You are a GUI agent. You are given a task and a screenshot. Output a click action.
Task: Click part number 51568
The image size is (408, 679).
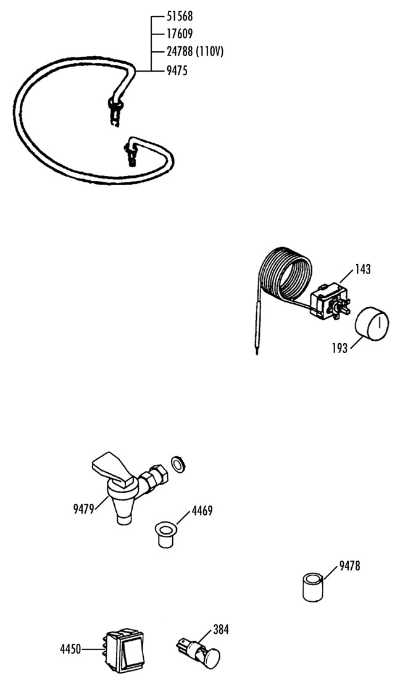[x=180, y=17]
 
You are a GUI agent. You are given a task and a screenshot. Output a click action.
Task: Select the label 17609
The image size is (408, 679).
[x=180, y=34]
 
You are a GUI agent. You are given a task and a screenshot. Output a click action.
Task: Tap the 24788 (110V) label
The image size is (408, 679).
[x=195, y=52]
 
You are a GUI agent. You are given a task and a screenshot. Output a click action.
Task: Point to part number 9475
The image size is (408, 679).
[x=177, y=70]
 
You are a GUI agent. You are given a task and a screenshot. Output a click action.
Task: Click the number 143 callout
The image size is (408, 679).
[x=363, y=269]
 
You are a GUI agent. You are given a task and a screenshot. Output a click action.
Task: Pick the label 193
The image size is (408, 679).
[x=340, y=348]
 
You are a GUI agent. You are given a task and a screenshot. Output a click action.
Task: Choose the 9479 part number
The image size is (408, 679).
[x=83, y=509]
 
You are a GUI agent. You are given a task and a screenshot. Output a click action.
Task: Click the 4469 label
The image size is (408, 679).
[x=202, y=511]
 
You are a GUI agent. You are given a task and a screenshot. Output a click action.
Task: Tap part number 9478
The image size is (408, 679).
[x=349, y=565]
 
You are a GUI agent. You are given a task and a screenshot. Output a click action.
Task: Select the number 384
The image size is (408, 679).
[x=221, y=630]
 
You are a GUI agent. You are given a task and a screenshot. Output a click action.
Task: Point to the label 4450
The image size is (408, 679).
[x=70, y=649]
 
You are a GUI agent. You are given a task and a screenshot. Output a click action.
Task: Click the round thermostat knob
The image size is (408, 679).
[x=372, y=323]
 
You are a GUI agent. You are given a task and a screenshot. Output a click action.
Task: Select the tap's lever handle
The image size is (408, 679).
[x=112, y=469]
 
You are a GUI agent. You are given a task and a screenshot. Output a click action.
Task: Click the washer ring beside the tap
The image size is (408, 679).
[x=178, y=464]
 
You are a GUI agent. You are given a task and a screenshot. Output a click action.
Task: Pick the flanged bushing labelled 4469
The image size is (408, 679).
[x=166, y=535]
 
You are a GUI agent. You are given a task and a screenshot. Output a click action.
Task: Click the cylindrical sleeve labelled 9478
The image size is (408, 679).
[x=313, y=587]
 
